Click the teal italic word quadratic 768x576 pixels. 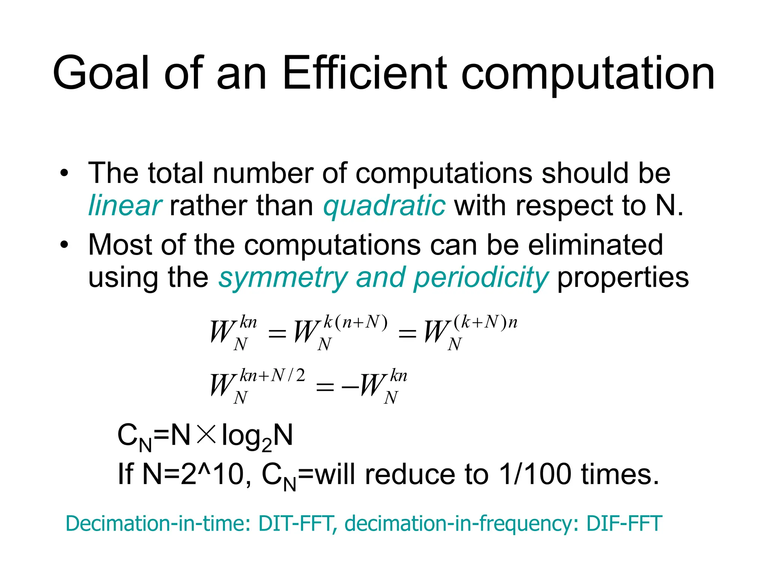click(384, 206)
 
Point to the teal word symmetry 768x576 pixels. click(283, 278)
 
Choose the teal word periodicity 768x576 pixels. click(481, 278)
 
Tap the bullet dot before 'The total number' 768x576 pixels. click(64, 174)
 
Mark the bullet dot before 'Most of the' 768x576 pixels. click(64, 245)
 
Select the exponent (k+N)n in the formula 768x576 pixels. click(485, 322)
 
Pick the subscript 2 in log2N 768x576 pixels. click(267, 445)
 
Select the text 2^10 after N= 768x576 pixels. click(212, 474)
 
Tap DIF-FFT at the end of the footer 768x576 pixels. click(624, 523)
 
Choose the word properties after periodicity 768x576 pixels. click(623, 278)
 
